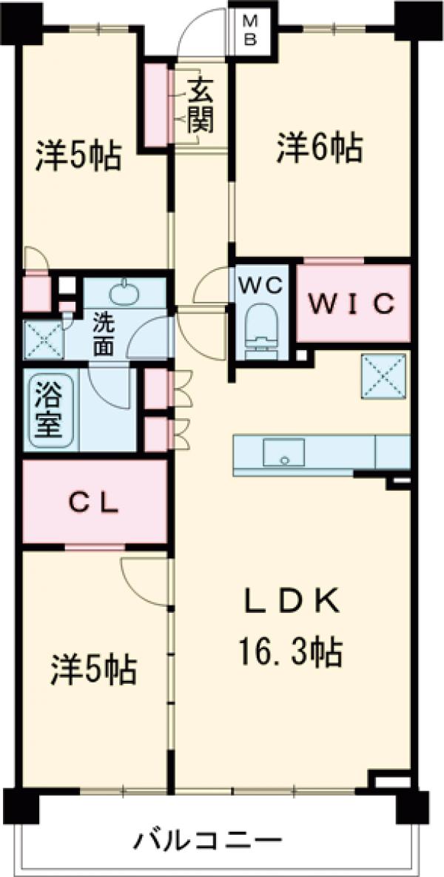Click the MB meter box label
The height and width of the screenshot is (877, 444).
[251, 31]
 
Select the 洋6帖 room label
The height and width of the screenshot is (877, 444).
[319, 147]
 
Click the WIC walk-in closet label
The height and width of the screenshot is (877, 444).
[353, 303]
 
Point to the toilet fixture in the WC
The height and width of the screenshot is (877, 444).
[261, 330]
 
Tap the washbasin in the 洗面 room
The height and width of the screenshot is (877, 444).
[125, 292]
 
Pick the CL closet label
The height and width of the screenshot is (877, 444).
[94, 503]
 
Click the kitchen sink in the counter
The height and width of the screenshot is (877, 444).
[284, 452]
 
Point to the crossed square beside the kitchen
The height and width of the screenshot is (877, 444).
[383, 377]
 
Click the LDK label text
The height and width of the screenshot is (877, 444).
[292, 602]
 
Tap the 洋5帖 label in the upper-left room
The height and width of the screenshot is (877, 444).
[78, 155]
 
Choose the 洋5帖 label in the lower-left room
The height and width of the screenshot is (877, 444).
[94, 670]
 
